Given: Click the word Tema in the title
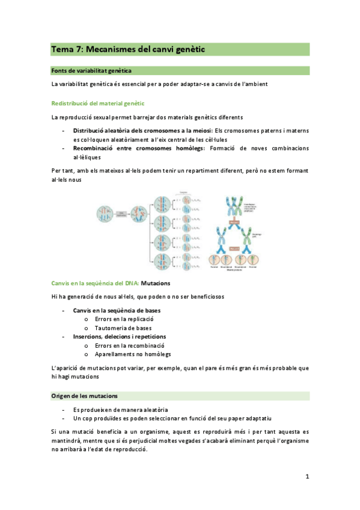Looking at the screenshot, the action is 61,49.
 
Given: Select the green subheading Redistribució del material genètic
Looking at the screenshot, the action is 98,103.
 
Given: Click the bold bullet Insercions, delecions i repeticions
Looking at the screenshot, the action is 120,337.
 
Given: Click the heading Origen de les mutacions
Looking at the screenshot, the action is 85,396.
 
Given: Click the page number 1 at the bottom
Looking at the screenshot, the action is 307,476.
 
